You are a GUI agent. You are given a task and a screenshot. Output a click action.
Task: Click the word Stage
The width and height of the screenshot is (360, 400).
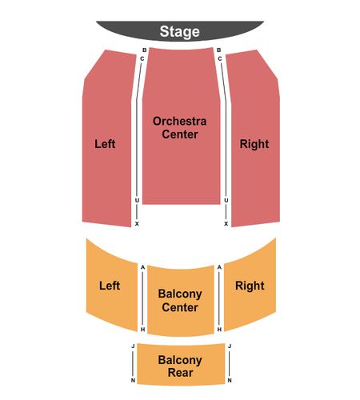tap(180, 32)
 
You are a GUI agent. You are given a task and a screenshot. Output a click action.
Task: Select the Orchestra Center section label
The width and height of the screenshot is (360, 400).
tap(180, 128)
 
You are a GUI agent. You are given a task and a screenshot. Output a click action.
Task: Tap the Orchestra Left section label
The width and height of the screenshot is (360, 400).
tap(105, 144)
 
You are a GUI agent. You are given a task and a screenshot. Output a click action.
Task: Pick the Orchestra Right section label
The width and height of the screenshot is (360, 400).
tap(254, 144)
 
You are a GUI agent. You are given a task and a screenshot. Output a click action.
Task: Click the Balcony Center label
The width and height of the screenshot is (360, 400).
tap(180, 301)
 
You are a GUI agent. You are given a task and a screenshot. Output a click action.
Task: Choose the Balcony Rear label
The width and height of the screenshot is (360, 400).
tap(180, 366)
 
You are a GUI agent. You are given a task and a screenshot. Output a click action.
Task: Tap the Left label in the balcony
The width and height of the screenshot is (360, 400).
tap(110, 286)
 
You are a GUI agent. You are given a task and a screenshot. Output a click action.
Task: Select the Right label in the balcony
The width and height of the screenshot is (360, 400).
tap(250, 286)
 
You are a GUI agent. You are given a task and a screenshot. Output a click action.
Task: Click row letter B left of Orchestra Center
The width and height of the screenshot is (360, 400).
tap(145, 50)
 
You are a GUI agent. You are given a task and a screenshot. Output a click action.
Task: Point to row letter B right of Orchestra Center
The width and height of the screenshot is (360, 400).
tap(219, 50)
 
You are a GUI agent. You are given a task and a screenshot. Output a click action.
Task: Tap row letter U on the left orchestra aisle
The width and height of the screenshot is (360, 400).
tap(137, 200)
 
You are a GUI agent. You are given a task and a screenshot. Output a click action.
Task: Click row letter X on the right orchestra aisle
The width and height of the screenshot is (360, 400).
tap(226, 224)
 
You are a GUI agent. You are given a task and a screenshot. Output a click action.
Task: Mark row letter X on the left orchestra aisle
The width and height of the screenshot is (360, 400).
tap(137, 224)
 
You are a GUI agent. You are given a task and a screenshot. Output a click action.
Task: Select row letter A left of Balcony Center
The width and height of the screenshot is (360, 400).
tap(142, 267)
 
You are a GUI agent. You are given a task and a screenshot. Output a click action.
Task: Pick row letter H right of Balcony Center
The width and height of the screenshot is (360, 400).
tap(219, 330)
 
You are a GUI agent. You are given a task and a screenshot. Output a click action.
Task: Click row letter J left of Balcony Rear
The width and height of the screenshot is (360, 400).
tap(133, 346)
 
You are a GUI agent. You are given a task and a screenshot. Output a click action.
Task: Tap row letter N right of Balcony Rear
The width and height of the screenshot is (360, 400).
tap(230, 381)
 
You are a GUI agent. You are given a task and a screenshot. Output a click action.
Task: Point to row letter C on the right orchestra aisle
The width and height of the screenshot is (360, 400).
tap(220, 58)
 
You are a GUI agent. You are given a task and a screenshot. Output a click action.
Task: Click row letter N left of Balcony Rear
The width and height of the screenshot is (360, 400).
tap(133, 381)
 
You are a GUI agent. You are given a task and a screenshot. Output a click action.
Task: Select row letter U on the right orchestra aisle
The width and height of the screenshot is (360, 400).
tap(226, 200)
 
